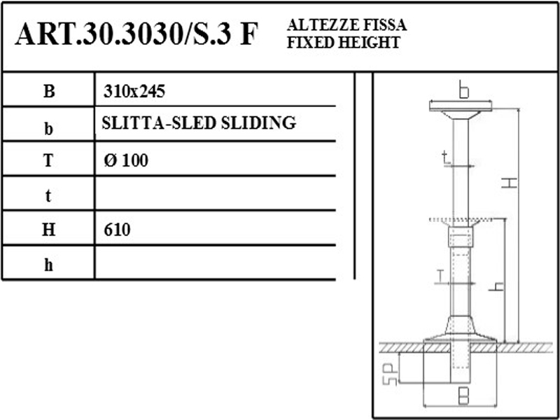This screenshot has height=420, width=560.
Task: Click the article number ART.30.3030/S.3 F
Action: tap(136, 34)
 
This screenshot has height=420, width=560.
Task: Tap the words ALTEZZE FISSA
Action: tap(346, 25)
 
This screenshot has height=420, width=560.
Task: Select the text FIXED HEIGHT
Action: tap(343, 43)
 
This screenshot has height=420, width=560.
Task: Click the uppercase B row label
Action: tap(49, 92)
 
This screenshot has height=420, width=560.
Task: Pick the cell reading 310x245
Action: tap(134, 92)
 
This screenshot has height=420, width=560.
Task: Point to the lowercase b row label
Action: tap(49, 129)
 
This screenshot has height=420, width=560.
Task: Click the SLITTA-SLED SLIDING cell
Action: tap(199, 123)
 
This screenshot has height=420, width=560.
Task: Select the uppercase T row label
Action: tap(48, 161)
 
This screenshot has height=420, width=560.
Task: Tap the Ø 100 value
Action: tap(126, 161)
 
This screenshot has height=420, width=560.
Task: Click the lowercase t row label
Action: tap(48, 196)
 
